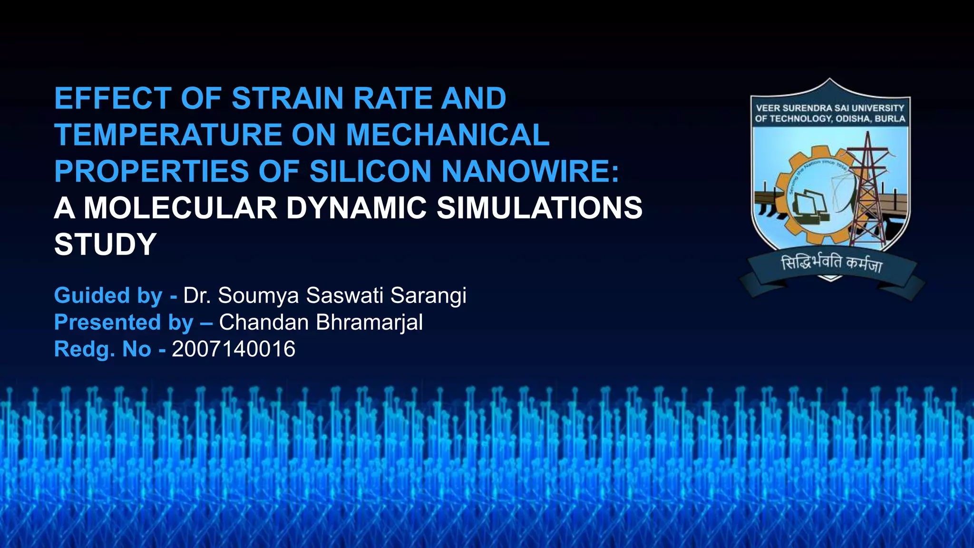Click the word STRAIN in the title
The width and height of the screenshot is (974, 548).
[x=289, y=98]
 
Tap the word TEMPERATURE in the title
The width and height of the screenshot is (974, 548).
[x=169, y=135]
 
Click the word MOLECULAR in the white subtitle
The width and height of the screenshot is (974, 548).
[x=180, y=208]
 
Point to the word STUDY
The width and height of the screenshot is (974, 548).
[x=105, y=245]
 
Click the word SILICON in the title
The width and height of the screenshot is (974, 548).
[x=370, y=171]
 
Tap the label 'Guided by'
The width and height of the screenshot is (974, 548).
[x=108, y=295]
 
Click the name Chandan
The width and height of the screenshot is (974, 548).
[x=264, y=323]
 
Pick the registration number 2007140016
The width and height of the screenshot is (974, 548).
[x=234, y=349]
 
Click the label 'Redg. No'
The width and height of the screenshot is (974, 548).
[x=103, y=349]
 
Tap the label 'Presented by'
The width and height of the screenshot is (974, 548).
[x=124, y=323]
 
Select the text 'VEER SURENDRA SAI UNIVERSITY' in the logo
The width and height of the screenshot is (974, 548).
[x=830, y=108]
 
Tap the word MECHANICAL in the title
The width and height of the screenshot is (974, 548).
[x=448, y=135]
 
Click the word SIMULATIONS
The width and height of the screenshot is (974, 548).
[x=539, y=208]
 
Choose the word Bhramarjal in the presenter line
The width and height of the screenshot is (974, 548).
[x=369, y=323]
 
